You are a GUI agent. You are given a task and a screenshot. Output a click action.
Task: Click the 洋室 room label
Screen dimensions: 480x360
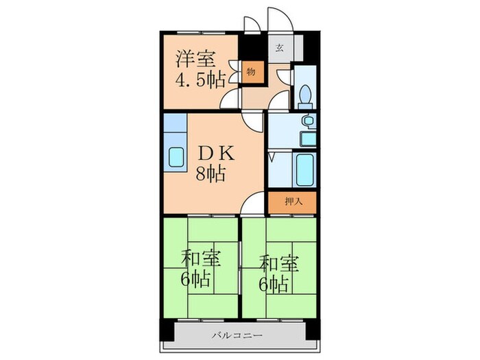195,59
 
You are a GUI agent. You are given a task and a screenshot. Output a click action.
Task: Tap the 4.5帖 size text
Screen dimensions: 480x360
200,80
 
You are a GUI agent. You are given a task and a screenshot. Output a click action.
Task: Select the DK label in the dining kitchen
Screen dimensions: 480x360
216,154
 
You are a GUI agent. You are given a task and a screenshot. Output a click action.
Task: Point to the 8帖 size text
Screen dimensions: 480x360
211,173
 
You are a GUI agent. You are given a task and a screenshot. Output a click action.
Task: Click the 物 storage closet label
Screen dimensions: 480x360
251,72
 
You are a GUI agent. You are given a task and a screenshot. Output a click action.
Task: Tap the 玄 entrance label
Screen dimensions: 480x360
279,48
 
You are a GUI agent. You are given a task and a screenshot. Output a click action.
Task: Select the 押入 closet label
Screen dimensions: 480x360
294,202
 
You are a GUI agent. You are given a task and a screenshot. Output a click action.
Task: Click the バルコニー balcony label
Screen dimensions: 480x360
237,335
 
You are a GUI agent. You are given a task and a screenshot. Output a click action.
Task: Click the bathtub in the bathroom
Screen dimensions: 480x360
305,169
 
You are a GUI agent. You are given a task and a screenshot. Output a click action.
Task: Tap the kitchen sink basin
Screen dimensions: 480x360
176,157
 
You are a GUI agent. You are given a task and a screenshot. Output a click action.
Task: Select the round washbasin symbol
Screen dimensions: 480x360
307,120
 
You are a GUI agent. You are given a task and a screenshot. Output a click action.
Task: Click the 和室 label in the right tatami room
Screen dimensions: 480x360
278,264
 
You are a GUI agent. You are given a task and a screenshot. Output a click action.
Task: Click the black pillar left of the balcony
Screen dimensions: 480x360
167,331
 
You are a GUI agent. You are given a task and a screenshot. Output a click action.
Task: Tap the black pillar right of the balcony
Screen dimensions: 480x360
313,329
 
